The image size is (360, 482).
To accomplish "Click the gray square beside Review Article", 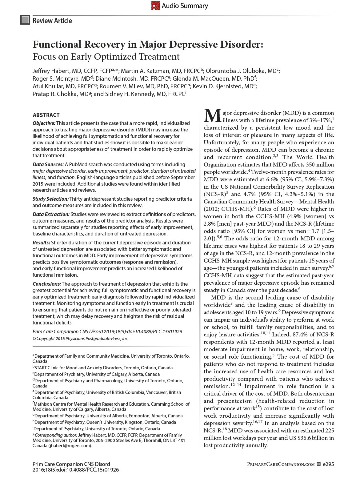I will (25, 20).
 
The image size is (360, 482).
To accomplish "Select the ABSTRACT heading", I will (46, 115).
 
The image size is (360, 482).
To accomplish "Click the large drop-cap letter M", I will (212, 116).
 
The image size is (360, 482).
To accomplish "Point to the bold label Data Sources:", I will (48, 164).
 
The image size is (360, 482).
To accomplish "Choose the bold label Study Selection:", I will (50, 199).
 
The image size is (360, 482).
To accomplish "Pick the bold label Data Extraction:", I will (51, 214).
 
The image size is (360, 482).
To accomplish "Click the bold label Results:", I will (41, 243).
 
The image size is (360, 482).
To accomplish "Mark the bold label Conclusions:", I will (47, 284).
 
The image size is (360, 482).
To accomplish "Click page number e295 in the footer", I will (328, 464).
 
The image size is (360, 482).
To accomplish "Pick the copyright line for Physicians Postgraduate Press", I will (81, 339).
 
